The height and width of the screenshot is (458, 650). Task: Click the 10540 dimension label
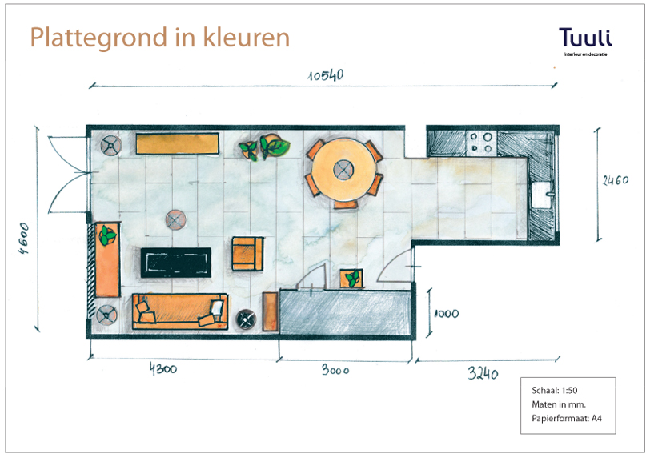(x=326, y=75)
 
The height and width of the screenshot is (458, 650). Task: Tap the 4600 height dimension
(x=24, y=238)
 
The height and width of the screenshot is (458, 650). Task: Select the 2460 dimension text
(x=615, y=180)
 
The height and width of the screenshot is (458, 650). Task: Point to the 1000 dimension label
(x=447, y=313)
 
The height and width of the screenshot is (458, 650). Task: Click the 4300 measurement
(x=163, y=368)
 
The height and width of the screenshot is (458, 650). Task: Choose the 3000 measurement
(x=335, y=370)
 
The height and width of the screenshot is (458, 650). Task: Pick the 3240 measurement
(x=483, y=373)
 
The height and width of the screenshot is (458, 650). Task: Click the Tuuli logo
(x=585, y=42)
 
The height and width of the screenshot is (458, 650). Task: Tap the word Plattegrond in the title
(x=98, y=38)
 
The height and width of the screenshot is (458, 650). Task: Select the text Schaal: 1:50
(x=554, y=390)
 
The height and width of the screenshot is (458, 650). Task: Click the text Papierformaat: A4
(x=566, y=418)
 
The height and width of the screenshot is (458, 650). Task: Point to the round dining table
(x=343, y=170)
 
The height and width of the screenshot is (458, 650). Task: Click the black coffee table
(x=176, y=263)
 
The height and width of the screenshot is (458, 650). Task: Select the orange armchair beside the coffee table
(x=247, y=254)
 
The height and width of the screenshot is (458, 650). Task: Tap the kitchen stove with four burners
(x=481, y=143)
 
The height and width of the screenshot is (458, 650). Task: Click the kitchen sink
(x=542, y=194)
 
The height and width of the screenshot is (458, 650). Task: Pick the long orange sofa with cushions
(x=180, y=311)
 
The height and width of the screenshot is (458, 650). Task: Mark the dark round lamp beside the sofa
(x=246, y=319)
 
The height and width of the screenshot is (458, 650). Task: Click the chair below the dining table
(x=346, y=204)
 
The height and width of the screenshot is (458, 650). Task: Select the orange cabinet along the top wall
(x=178, y=143)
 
